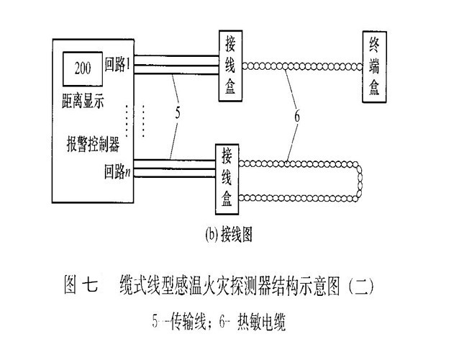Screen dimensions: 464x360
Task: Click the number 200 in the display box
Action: tap(83, 68)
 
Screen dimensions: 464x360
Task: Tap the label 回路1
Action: tap(117, 65)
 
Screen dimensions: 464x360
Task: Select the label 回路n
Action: tap(117, 171)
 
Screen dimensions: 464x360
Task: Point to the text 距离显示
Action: tap(83, 101)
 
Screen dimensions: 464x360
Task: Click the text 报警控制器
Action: tap(94, 145)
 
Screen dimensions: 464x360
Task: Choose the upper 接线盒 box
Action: tap(230, 66)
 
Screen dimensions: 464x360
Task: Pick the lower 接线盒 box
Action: tap(227, 179)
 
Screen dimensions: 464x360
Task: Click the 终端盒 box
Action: tap(374, 67)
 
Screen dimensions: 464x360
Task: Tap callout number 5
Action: tap(178, 113)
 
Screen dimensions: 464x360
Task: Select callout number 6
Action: tap(297, 116)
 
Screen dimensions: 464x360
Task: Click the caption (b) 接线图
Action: tap(229, 235)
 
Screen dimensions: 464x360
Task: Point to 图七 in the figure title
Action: tap(81, 285)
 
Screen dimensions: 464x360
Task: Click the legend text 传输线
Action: tap(188, 321)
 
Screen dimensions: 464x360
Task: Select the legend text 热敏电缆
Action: tap(261, 322)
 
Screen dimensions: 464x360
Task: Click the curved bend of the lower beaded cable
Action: tap(359, 181)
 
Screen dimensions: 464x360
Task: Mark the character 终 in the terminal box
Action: tap(374, 45)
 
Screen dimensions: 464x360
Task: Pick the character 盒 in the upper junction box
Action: tap(230, 87)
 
